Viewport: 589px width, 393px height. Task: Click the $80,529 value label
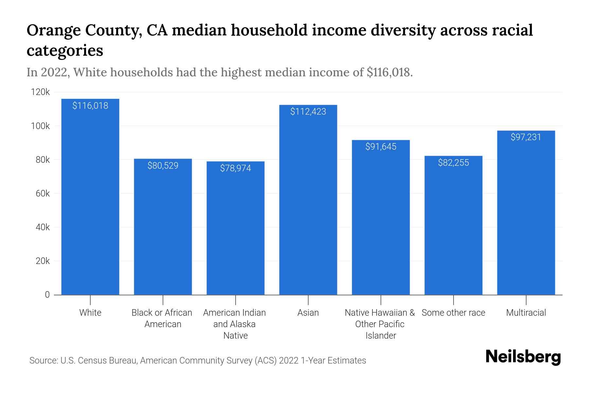(163, 166)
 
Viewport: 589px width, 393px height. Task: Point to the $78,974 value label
(236, 168)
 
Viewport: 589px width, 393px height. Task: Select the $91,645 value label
(381, 147)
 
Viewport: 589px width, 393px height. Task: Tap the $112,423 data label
(308, 112)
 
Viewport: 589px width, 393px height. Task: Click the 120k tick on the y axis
(40, 92)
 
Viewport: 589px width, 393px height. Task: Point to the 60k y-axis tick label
(43, 194)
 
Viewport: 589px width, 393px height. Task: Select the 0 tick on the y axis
(47, 295)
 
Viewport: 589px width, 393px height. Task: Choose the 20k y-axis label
(43, 261)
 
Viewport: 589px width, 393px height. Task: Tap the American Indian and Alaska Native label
(235, 324)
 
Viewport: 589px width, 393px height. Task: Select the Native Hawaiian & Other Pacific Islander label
(380, 324)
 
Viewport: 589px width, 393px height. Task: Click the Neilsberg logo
(523, 357)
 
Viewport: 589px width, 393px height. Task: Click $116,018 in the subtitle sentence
(388, 72)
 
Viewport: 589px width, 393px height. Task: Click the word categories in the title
(65, 51)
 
